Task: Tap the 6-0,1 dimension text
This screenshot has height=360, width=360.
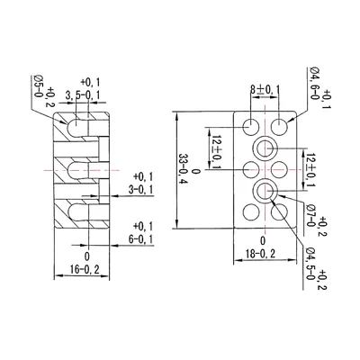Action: (142, 238)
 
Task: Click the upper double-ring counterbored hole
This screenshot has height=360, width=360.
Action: (267, 148)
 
